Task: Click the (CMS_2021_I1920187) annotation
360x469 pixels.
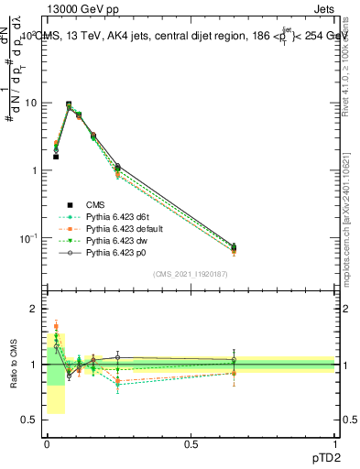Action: tap(191, 274)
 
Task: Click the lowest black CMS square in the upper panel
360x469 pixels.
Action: tap(56, 157)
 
